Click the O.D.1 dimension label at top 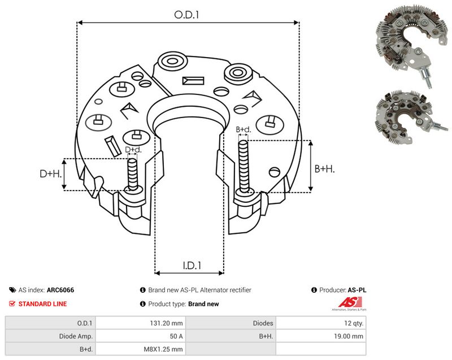186,15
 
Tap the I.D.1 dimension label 192,265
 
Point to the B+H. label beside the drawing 324,169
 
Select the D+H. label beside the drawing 51,174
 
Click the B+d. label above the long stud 244,129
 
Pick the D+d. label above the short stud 133,150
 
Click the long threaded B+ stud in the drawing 244,167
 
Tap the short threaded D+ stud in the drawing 133,175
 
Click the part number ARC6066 60,290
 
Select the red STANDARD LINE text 43,304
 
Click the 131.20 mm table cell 166,323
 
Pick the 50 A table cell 176,336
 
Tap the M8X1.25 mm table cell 163,349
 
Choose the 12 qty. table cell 354,323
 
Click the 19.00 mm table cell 349,336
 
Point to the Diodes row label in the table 263,323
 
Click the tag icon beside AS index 12,290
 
